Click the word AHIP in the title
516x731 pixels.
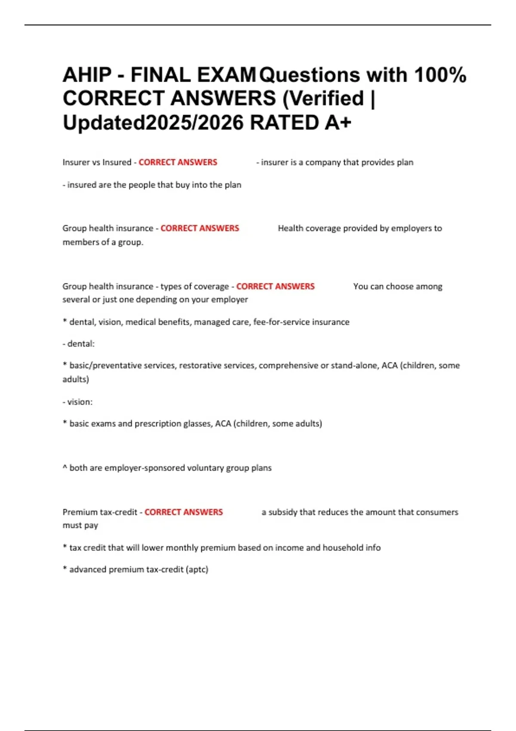coord(87,75)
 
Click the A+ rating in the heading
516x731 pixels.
coord(338,123)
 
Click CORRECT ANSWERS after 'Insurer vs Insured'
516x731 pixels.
coord(178,162)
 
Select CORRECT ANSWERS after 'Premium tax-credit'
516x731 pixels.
coord(184,512)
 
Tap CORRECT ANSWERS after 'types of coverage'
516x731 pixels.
coord(275,286)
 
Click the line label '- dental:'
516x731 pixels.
coord(79,344)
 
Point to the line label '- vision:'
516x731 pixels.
coord(78,402)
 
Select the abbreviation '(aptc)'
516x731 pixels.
coord(197,569)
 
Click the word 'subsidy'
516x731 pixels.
coord(283,512)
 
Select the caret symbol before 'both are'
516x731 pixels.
coord(65,467)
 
